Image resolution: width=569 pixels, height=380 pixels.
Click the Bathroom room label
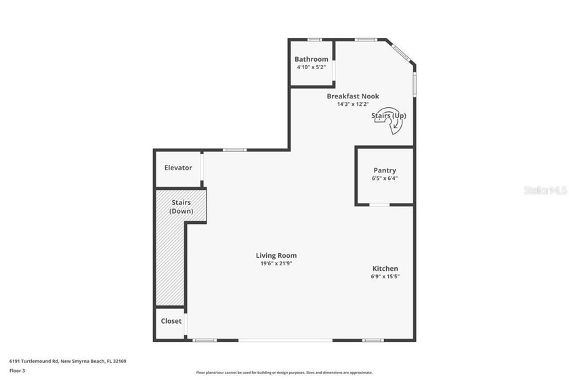point(311,59)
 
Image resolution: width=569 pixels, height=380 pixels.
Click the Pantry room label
point(385,170)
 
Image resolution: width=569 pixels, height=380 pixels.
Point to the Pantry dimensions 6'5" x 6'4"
point(385,178)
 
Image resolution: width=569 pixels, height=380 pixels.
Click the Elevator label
point(178,168)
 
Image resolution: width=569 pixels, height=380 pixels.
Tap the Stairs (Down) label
point(181,207)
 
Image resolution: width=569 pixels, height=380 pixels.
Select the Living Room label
point(276,256)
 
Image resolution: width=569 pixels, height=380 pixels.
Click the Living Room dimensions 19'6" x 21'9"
point(276,264)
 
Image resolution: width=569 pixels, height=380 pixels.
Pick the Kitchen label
point(385,269)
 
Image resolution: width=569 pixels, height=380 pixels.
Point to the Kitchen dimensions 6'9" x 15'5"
point(385,277)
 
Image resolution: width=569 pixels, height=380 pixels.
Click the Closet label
point(171,321)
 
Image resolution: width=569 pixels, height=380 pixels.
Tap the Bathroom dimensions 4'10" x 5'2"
point(311,67)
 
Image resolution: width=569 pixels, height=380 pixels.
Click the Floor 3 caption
point(18,370)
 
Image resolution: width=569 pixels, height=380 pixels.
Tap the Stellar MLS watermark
point(545,191)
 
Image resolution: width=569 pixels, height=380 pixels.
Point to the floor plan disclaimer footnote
point(284,373)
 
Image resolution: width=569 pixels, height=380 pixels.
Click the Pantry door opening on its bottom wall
point(379,204)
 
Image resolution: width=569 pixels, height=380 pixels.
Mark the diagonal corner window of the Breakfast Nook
point(400,52)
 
